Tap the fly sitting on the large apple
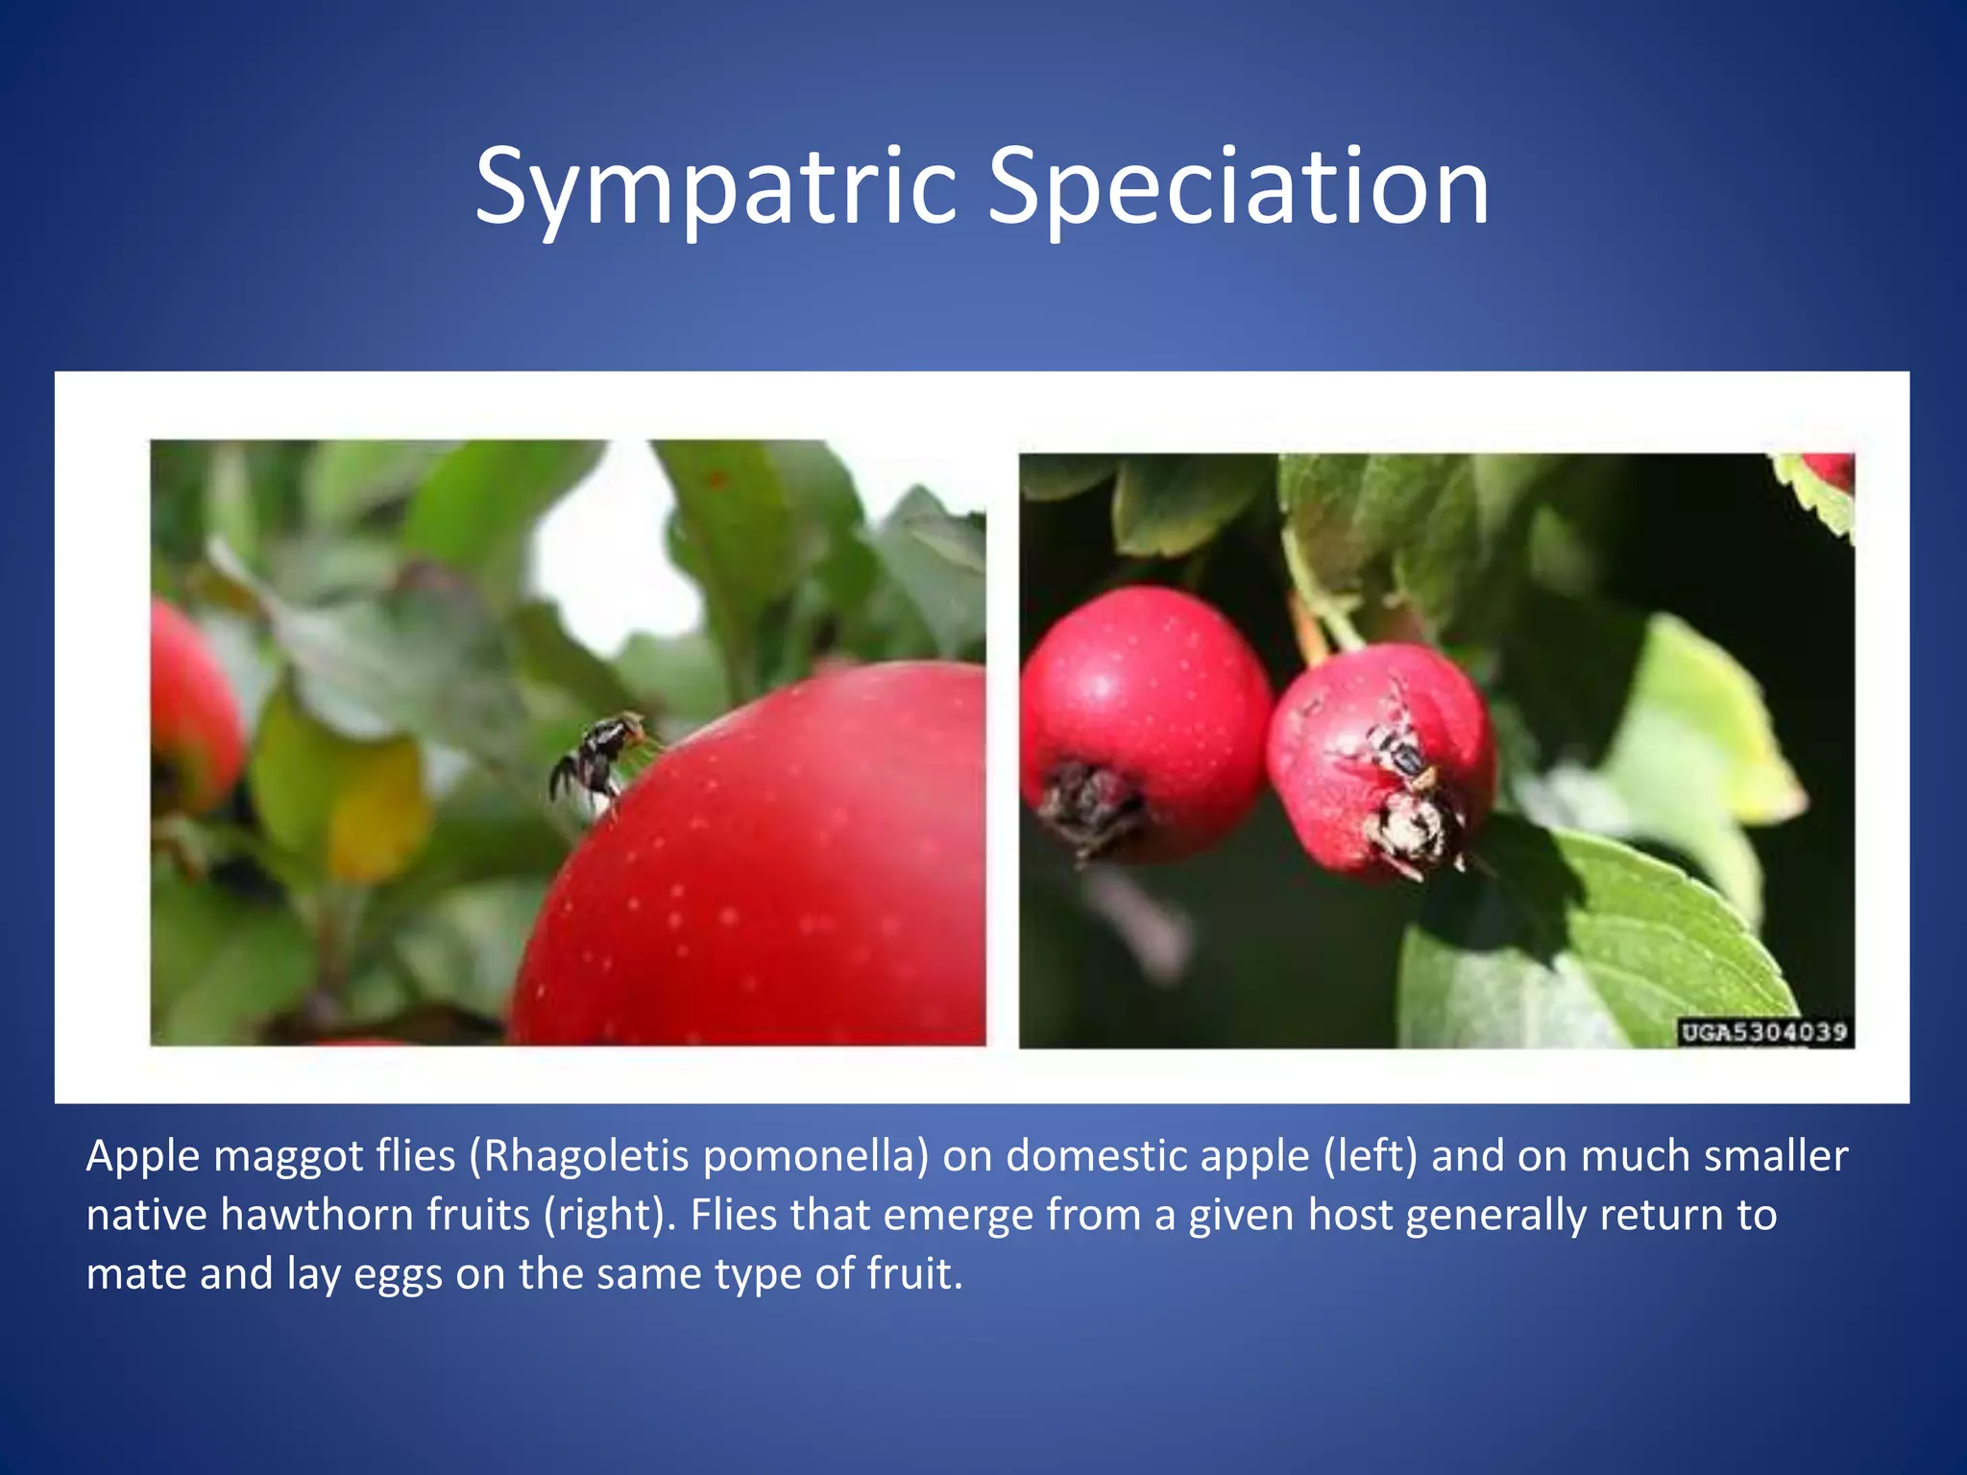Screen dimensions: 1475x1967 597,759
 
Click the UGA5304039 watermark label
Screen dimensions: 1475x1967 1764,1032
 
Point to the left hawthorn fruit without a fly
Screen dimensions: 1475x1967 1143,701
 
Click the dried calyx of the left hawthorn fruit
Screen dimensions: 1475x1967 1090,807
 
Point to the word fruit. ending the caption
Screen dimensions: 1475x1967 914,1274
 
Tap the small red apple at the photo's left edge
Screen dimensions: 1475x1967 192,711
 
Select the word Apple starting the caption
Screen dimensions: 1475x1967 144,1155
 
